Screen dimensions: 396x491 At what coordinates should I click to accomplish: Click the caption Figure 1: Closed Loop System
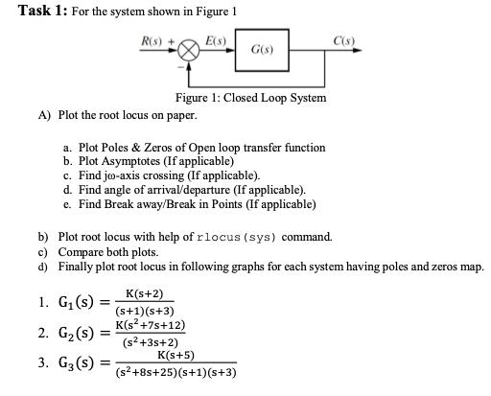[249, 99]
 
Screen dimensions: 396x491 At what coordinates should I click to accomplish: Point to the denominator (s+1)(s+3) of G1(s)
[144, 311]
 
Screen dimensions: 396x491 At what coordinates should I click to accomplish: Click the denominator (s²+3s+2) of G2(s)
[147, 342]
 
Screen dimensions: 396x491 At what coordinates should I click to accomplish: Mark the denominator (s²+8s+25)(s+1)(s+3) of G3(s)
[176, 374]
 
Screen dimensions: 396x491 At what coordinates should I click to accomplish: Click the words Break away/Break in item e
[146, 203]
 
